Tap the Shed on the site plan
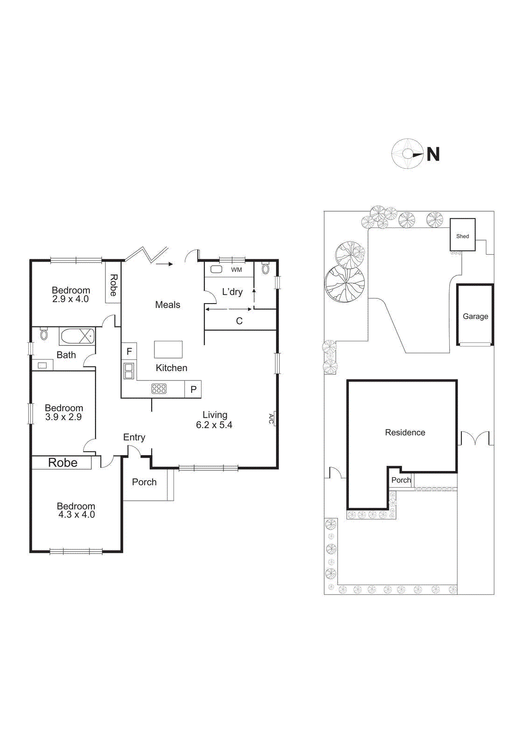pos(462,235)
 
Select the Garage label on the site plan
pos(475,316)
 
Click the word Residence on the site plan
pos(405,432)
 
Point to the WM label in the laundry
pos(236,269)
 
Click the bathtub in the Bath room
pos(77,336)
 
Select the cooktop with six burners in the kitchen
pos(159,388)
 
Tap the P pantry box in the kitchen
pos(193,389)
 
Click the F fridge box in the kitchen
pos(129,351)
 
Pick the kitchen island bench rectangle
pos(168,349)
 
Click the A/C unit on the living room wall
pos(272,419)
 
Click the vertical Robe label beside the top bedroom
pos(113,285)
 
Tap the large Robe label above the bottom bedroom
pos(63,463)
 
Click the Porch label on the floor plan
pos(144,482)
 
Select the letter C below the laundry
pos(239,321)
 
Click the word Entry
pos(134,437)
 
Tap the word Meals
pos(167,304)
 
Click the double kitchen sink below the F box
pos(129,371)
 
